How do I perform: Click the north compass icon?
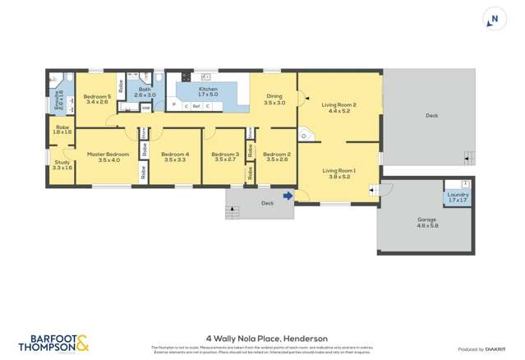pos(494,20)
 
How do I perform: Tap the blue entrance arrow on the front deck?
pos(288,196)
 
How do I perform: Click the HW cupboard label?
pos(145,107)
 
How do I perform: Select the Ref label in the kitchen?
pos(196,106)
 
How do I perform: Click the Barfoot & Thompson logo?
pos(53,342)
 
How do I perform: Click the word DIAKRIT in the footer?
pos(495,349)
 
